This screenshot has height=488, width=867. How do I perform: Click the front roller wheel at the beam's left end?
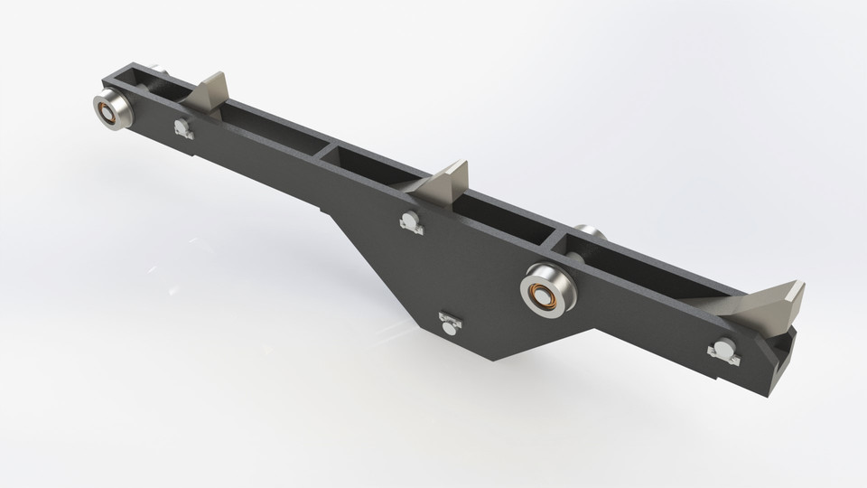coord(113,110)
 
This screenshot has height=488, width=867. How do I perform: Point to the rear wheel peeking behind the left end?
coord(159,70)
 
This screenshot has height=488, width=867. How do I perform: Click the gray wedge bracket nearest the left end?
coord(213,91)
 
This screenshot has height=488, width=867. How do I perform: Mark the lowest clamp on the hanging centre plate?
coord(449,323)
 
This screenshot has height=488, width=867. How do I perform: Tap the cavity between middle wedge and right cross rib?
coord(506,217)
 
